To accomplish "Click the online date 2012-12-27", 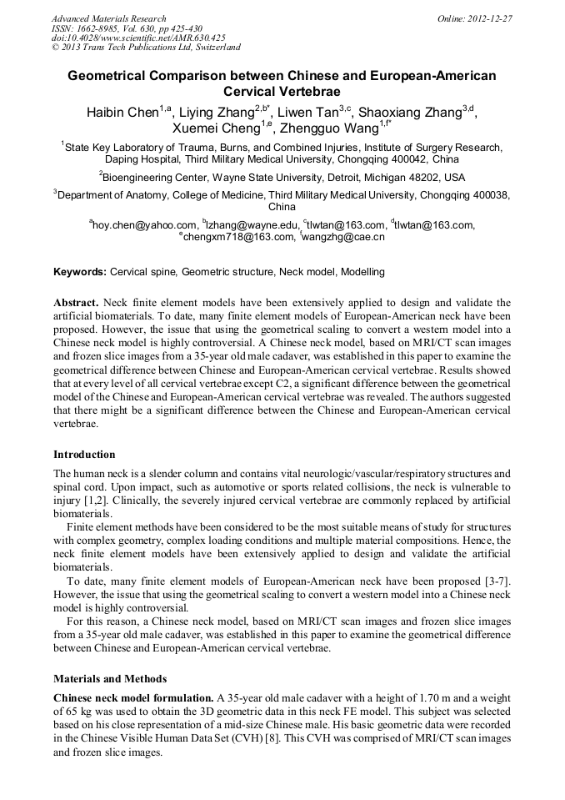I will coord(492,18).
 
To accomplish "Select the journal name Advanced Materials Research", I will coord(108,18).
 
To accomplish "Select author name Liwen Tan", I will coord(307,113).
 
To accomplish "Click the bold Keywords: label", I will coord(80,272).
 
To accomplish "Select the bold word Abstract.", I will coord(76,302).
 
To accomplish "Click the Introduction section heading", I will coord(84,455).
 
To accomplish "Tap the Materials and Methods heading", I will coord(110,678).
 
